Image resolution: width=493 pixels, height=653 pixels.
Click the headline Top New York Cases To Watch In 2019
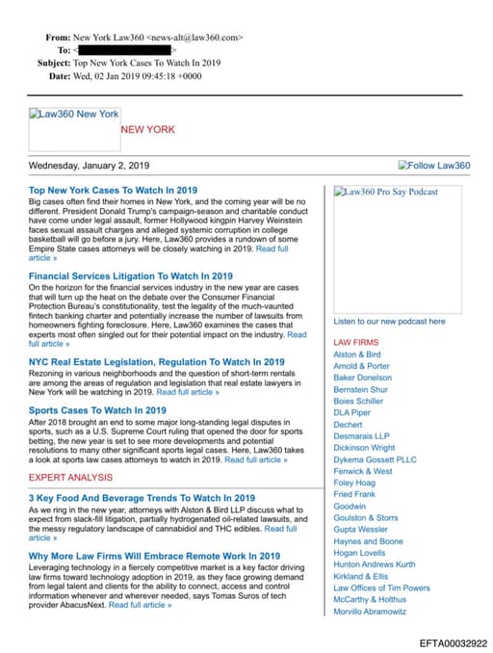coord(113,191)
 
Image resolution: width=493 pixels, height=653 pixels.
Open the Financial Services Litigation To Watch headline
coord(130,276)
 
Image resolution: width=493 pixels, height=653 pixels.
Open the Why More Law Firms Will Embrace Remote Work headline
coord(154,556)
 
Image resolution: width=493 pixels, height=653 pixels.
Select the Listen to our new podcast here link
coord(389,322)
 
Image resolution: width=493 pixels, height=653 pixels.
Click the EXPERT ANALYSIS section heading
coord(70,478)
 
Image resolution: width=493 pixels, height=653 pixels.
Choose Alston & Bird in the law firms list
coord(357,354)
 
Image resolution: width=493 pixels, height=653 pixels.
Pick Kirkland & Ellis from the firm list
coord(361,576)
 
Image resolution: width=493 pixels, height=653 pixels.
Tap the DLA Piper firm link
coord(351,413)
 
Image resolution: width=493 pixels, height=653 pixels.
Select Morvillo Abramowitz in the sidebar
coord(370,611)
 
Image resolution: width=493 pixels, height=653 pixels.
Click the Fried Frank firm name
coord(354,494)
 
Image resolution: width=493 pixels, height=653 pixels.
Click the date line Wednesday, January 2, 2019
coord(89,166)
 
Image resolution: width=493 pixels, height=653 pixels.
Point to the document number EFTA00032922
coord(452,642)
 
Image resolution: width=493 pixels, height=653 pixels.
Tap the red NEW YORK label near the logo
coord(147,129)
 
